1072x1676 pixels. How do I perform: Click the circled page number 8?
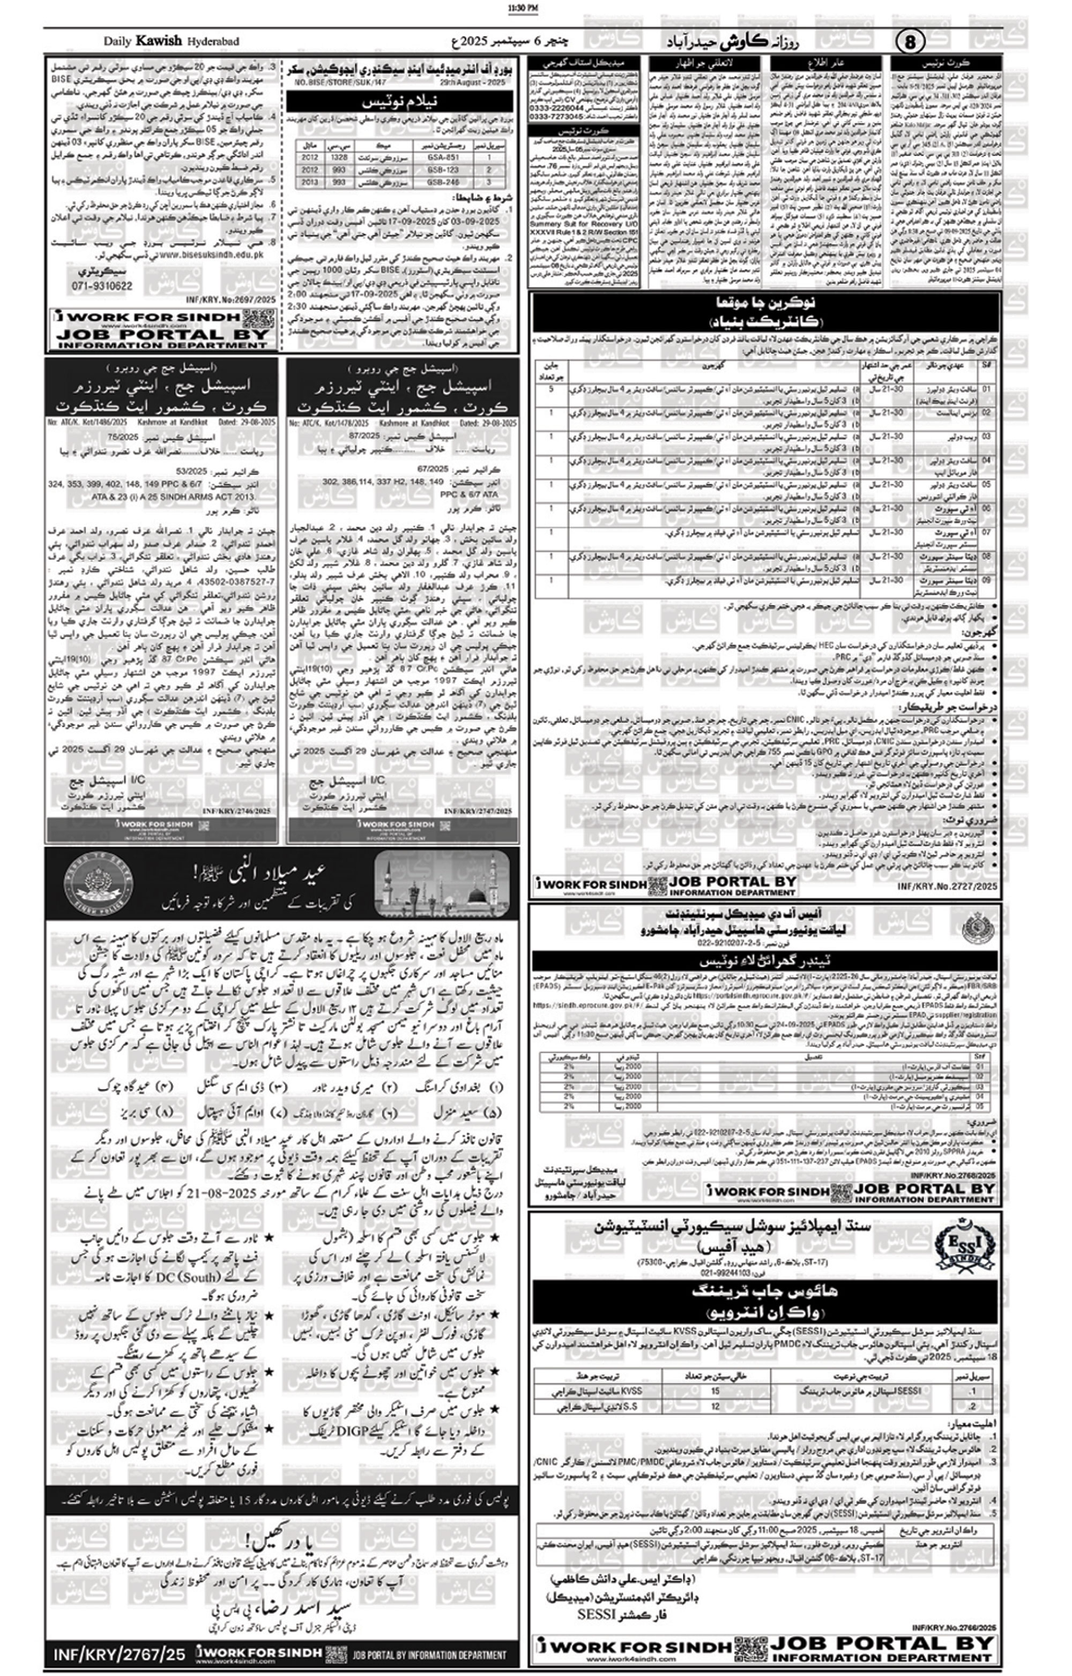tap(910, 42)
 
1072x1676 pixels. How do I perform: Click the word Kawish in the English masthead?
tap(159, 41)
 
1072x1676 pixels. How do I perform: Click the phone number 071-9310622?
tap(102, 285)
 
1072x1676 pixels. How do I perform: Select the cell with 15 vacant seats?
tap(715, 1391)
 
